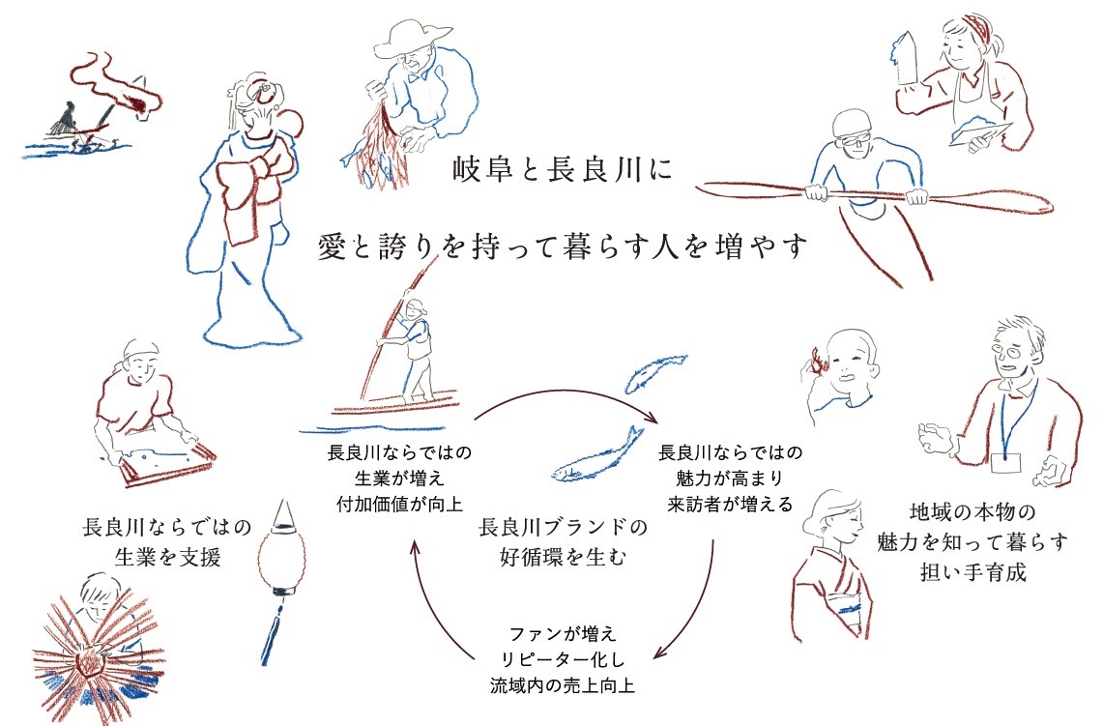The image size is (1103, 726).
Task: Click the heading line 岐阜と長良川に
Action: coord(562,171)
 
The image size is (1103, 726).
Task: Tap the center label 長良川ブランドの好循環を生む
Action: coord(563,541)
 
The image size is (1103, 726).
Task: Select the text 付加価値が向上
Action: coord(399,505)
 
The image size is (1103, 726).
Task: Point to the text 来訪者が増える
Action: coord(730,505)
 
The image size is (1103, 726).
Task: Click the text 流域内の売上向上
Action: coord(563,685)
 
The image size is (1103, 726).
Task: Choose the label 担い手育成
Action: coord(972,572)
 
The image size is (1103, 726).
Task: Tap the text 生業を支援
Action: coord(167,557)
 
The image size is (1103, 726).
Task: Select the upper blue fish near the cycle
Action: coord(655,373)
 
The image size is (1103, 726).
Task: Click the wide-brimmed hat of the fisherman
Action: coord(413,39)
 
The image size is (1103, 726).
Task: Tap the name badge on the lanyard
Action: coord(1005,462)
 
